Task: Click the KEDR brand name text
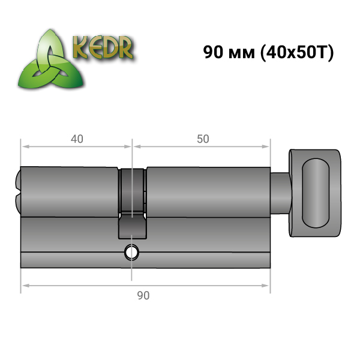pyautogui.click(x=103, y=47)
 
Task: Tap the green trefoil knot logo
pyautogui.click(x=51, y=60)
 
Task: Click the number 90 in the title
pyautogui.click(x=213, y=52)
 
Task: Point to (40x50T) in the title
pyautogui.click(x=296, y=53)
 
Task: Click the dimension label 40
pyautogui.click(x=77, y=139)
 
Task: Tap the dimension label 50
pyautogui.click(x=203, y=139)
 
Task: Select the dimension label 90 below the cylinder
pyautogui.click(x=143, y=295)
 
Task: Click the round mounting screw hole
pyautogui.click(x=131, y=253)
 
